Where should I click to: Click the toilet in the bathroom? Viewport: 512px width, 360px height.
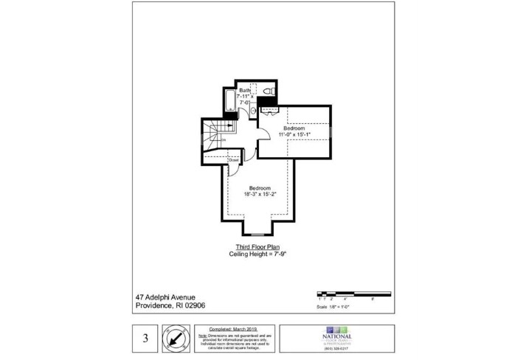click(271, 91)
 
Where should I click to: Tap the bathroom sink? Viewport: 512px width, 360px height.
click(252, 111)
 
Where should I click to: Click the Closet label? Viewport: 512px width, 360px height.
click(233, 159)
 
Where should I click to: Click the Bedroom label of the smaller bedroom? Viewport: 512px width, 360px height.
click(295, 128)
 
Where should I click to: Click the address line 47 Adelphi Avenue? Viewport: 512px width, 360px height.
click(166, 297)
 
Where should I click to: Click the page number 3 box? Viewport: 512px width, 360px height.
click(146, 339)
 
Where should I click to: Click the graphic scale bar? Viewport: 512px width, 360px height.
click(347, 294)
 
